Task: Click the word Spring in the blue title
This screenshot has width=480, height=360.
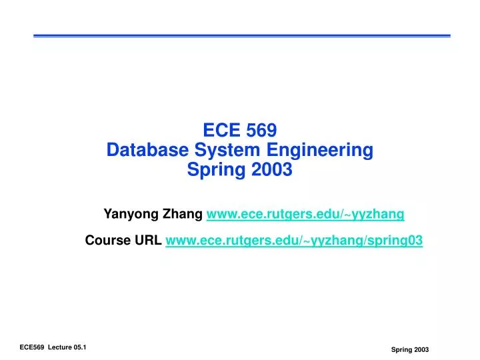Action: [x=214, y=170]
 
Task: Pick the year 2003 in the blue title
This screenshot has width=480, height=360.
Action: [x=272, y=170]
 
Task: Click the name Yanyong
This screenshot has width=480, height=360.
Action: [x=131, y=214]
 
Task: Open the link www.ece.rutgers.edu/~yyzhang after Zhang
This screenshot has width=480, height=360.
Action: [x=305, y=214]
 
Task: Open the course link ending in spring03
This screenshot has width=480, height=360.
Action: [x=293, y=241]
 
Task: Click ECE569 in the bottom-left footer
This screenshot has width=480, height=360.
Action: [x=31, y=348]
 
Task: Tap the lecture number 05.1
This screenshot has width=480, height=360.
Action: [x=83, y=348]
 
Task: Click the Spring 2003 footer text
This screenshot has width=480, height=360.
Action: [x=409, y=350]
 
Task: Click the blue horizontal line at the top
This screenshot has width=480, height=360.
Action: [x=241, y=35]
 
